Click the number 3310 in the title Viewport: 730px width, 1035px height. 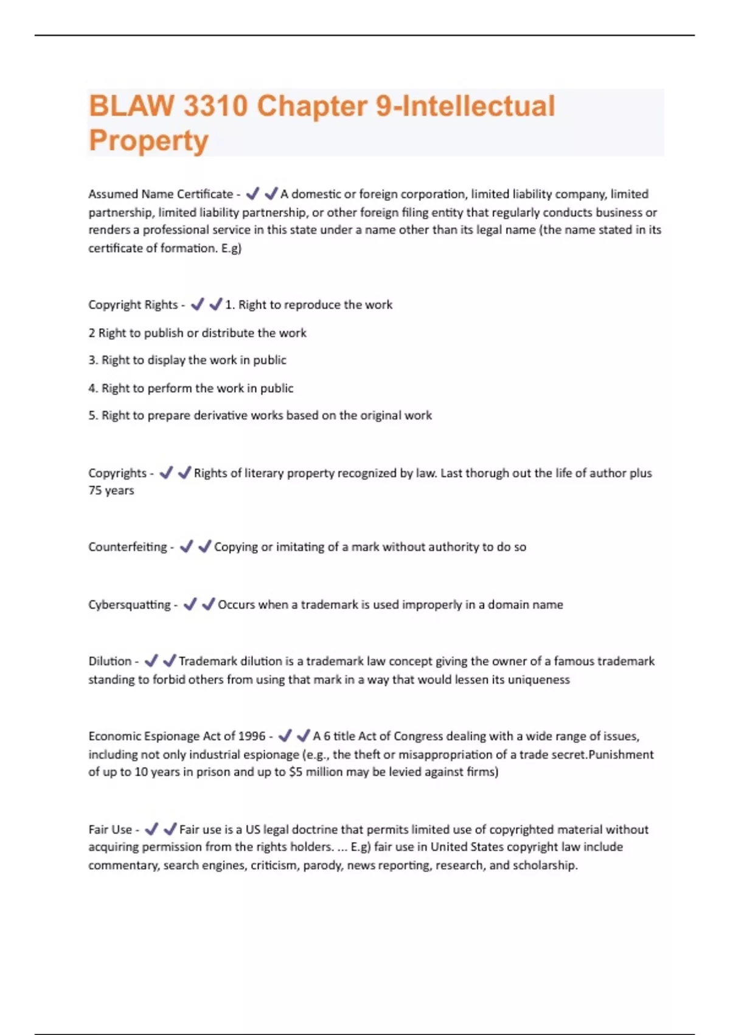tap(215, 106)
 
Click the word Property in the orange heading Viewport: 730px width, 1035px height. tap(148, 141)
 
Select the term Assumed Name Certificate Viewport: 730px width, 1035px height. tap(161, 194)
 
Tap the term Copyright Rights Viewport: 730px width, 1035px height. tap(133, 304)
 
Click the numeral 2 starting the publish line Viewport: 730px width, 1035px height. tap(92, 333)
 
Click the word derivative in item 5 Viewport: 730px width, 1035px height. tap(221, 415)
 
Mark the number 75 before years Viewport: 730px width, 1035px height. tap(96, 491)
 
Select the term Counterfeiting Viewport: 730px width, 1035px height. tap(127, 547)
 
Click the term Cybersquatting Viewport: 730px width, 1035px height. tap(130, 605)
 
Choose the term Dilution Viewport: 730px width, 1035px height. tap(110, 661)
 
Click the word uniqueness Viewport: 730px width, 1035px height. tap(538, 679)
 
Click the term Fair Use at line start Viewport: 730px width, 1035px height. tap(110, 829)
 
